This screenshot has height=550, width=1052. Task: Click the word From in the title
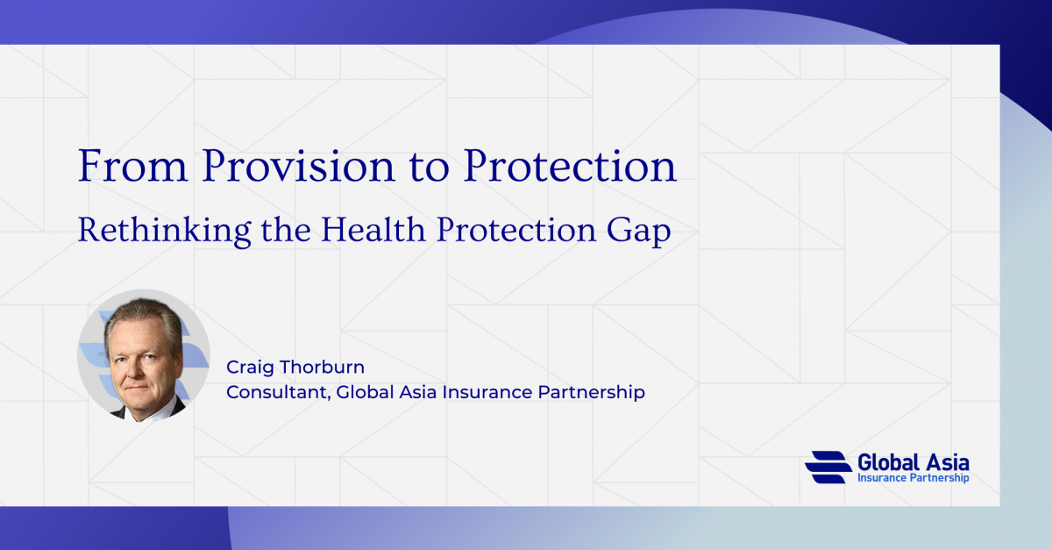pyautogui.click(x=133, y=165)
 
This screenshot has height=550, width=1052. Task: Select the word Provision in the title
pyautogui.click(x=299, y=165)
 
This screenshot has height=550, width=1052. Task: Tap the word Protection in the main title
pyautogui.click(x=570, y=165)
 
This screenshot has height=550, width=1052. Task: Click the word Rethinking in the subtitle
pyautogui.click(x=165, y=231)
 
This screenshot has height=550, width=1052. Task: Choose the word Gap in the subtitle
pyautogui.click(x=639, y=232)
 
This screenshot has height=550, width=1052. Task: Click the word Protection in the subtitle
pyautogui.click(x=516, y=230)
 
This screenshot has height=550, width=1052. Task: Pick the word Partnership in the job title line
pyautogui.click(x=591, y=392)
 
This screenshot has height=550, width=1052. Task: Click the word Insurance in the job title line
pyautogui.click(x=487, y=392)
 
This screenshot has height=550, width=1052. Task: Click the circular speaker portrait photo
pyautogui.click(x=143, y=355)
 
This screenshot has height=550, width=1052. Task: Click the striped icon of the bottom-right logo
pyautogui.click(x=828, y=467)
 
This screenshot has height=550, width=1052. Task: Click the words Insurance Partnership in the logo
pyautogui.click(x=913, y=478)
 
